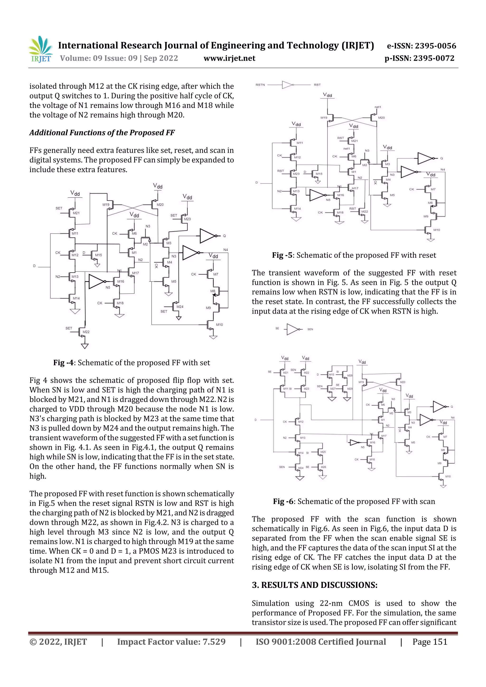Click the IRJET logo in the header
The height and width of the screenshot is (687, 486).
tap(40, 49)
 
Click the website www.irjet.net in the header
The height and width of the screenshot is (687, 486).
tap(229, 58)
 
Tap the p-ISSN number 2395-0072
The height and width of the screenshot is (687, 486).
tap(434, 58)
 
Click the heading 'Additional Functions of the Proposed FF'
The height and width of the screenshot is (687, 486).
tap(102, 133)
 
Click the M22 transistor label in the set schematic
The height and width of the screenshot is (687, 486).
tap(86, 332)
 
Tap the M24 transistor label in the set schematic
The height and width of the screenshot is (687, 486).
tap(180, 307)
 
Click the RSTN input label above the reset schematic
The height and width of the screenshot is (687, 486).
tap(260, 85)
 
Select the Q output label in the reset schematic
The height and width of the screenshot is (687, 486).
tap(441, 158)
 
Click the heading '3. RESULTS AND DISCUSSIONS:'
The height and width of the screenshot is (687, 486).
tap(314, 585)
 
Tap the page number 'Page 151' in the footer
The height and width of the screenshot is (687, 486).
tap(430, 642)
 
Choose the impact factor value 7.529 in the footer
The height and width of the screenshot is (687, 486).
tap(214, 642)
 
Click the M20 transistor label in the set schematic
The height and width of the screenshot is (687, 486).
tap(160, 205)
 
